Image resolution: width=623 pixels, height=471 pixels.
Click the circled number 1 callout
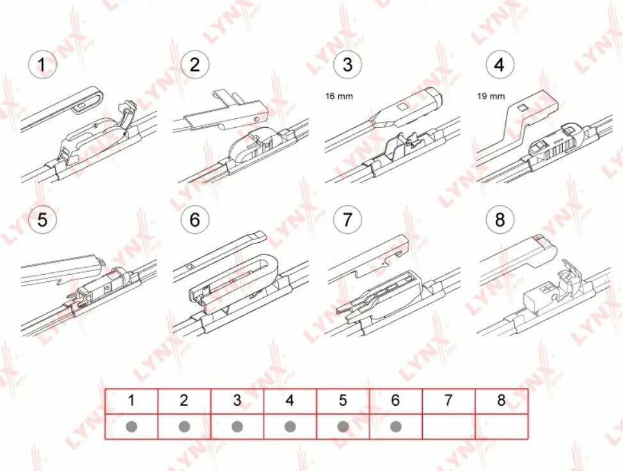42,65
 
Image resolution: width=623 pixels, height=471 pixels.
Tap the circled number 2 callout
194,65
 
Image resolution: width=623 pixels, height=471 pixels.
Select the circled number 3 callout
347,65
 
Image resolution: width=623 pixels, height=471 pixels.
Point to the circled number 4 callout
500,65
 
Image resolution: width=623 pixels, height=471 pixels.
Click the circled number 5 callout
42,219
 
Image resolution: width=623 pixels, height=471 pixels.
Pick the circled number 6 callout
194,219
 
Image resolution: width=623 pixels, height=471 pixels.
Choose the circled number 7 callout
347,219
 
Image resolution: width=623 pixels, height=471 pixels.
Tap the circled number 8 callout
500,219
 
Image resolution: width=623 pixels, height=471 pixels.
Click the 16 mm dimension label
339,96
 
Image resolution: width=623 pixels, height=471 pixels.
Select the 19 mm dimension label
491,96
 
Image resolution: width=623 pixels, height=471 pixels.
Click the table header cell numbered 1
132,401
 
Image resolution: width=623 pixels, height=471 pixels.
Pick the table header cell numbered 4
290,401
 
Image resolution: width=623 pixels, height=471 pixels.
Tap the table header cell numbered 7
448,401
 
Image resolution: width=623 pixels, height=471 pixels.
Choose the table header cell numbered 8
501,401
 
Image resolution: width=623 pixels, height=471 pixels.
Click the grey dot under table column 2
184,427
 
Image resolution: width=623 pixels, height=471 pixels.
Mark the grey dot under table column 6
396,427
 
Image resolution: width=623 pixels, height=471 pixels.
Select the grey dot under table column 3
237,427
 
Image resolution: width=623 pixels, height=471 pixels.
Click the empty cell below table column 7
448,426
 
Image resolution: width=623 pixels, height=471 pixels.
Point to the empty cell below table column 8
501,426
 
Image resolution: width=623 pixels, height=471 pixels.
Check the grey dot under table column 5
343,427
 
